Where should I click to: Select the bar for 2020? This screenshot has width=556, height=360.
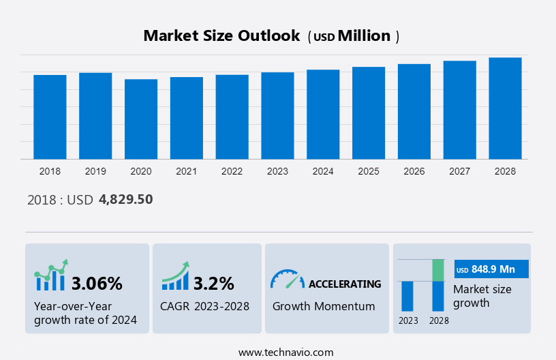(x=141, y=119)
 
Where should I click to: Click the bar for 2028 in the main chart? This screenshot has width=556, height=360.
(x=505, y=108)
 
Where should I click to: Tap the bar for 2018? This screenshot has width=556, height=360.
(x=50, y=117)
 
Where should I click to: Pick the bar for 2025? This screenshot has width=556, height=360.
(x=369, y=113)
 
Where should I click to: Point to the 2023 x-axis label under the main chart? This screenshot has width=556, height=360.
(x=277, y=171)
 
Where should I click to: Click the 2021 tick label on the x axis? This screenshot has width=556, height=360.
(x=186, y=171)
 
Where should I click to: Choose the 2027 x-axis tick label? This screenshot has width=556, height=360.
(x=459, y=171)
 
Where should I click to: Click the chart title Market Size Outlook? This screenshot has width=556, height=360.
(x=221, y=36)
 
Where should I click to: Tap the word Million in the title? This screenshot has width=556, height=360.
(x=365, y=36)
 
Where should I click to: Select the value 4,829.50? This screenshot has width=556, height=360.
(x=125, y=199)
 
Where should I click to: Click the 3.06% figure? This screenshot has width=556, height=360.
(x=97, y=283)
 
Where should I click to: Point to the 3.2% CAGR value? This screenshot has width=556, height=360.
(x=213, y=283)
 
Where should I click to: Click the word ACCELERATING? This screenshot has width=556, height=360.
(x=345, y=284)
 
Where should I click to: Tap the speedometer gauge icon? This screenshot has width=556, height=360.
(x=287, y=279)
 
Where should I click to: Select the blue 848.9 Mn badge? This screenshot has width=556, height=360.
(x=491, y=270)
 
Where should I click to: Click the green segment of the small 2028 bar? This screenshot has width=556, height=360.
(x=438, y=270)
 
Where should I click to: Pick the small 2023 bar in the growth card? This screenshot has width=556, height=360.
(x=407, y=296)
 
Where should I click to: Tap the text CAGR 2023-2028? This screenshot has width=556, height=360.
(x=204, y=306)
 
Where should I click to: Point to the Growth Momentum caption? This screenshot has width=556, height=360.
(x=324, y=306)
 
